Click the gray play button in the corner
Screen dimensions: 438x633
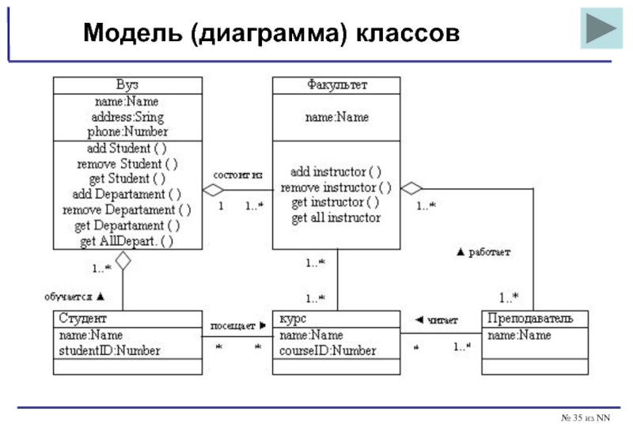601,28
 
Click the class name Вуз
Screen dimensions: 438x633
127,85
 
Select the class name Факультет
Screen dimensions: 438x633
336,85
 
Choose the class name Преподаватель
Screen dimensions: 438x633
536,319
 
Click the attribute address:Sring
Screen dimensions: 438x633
127,117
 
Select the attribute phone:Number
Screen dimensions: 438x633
127,132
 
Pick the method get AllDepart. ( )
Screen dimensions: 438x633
127,240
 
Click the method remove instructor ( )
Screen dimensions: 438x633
336,187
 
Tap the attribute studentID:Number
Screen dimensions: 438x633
109,350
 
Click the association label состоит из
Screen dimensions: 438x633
237,174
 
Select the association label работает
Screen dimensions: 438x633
488,253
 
